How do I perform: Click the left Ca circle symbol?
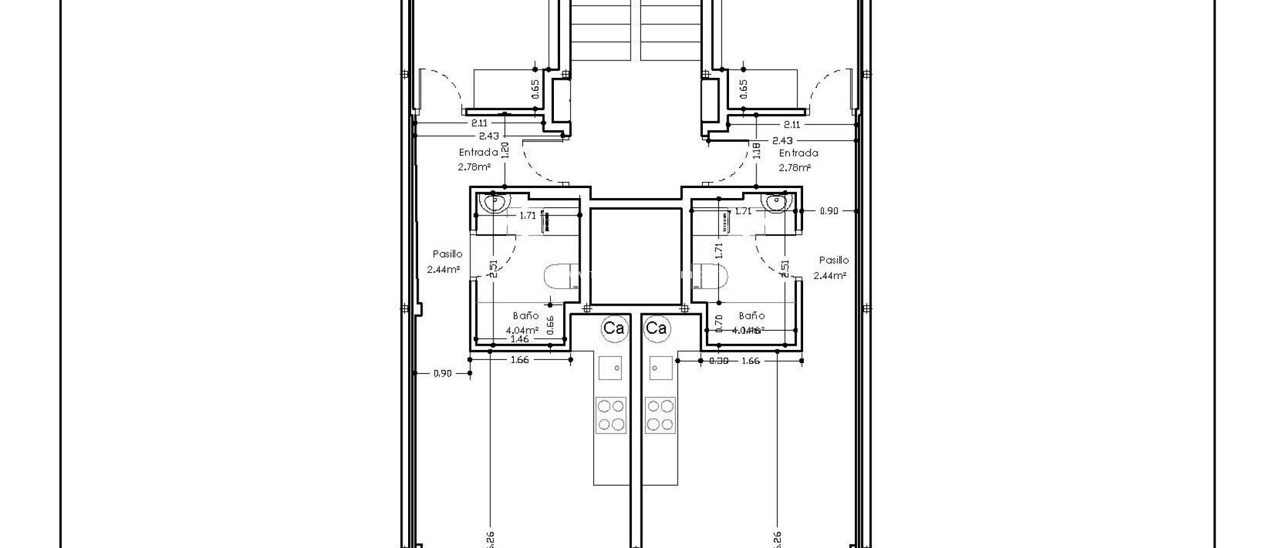tap(614, 328)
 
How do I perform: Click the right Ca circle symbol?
tap(656, 328)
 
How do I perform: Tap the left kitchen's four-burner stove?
tap(611, 415)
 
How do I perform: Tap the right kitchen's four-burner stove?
tap(660, 415)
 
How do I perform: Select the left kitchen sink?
tap(611, 367)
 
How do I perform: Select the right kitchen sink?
tap(661, 367)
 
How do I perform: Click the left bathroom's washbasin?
tap(494, 202)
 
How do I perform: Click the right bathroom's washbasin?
tap(776, 202)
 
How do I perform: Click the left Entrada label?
tap(478, 152)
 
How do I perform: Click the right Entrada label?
tap(798, 153)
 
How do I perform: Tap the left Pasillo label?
tap(447, 254)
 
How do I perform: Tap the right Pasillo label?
tap(834, 260)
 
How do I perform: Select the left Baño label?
tap(525, 316)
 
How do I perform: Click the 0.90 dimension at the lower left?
tap(442, 374)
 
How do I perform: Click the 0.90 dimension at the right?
tap(828, 211)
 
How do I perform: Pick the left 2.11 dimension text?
tap(479, 123)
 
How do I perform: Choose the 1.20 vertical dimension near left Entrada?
tap(505, 149)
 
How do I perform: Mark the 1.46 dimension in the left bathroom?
tap(519, 339)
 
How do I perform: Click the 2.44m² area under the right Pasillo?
tap(829, 275)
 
